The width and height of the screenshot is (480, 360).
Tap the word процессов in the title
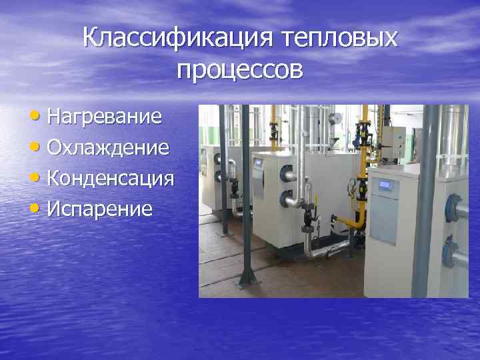pos(240,69)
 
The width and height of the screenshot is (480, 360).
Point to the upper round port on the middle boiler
pos(287,173)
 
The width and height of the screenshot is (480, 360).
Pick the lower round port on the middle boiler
pos(287,198)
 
